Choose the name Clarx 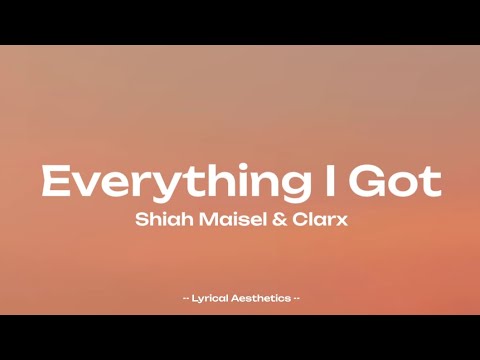pos(314,220)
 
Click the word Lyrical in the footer pos(212,298)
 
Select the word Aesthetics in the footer pos(261,298)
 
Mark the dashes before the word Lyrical pos(188,298)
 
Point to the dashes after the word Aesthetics pos(295,298)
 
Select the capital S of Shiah pos(140,220)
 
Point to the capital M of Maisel pos(200,220)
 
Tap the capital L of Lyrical pos(197,298)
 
